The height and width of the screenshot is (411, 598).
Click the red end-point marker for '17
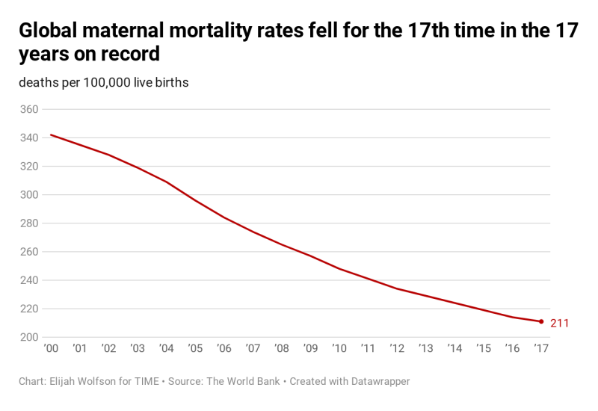(x=540, y=321)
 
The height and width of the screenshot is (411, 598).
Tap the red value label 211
(x=560, y=323)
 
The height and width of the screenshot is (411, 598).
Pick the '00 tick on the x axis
(x=51, y=348)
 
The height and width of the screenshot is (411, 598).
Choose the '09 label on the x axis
(x=310, y=348)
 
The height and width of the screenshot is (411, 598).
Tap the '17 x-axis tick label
(x=540, y=348)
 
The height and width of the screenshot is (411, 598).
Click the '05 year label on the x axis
(x=195, y=348)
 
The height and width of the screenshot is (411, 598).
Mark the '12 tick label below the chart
(x=397, y=348)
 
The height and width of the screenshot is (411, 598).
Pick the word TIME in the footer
(x=144, y=381)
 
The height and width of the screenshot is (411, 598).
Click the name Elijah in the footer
(x=65, y=381)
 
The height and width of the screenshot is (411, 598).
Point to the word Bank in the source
(x=265, y=381)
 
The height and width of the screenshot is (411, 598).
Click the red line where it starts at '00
(x=51, y=135)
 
